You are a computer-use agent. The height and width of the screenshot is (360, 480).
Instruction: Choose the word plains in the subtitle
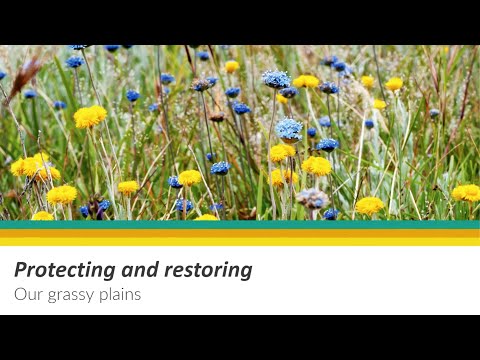pos(121,295)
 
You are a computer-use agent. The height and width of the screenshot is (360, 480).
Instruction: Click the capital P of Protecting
pos(21,270)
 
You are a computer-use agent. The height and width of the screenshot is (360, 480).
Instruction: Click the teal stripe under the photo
pos(240,225)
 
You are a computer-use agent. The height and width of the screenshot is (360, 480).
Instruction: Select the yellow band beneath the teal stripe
pos(240,239)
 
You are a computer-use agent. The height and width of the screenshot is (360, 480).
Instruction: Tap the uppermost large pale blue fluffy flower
pos(276,79)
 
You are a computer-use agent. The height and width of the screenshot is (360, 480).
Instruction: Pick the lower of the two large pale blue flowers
pos(289,128)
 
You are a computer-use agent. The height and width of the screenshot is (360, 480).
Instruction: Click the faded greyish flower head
pos(312,197)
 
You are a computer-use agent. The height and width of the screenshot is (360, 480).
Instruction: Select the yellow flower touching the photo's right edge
pos(466,192)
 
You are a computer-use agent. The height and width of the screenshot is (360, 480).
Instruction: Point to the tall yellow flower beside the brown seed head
pos(90,116)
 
